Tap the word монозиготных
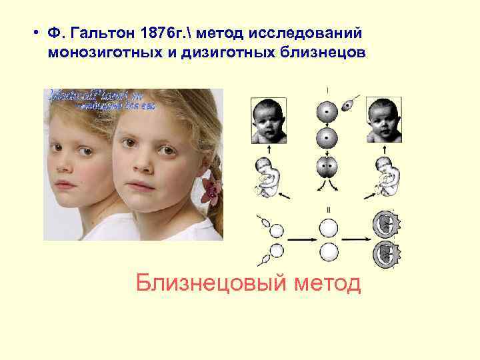coord(99,53)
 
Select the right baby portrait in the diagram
coord(385,121)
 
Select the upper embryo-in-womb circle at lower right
coord(385,225)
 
